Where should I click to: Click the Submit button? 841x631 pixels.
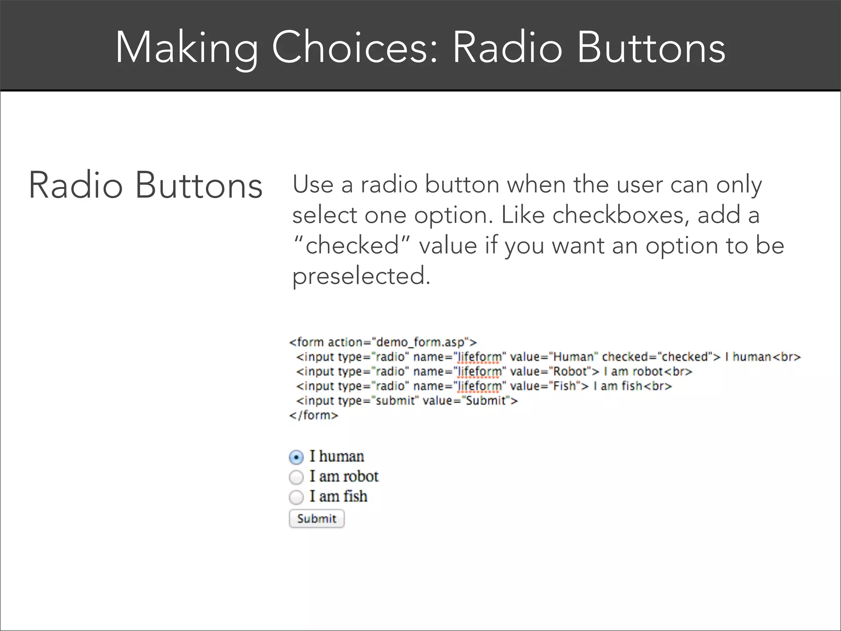[x=317, y=518]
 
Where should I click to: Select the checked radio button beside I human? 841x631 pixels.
[x=296, y=457]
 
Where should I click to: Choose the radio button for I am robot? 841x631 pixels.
[x=296, y=477]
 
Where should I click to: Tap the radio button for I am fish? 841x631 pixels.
[x=296, y=497]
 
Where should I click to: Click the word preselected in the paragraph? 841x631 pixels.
[x=361, y=276]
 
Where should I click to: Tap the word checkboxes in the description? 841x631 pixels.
[x=620, y=215]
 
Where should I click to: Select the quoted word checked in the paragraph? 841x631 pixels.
[x=352, y=246]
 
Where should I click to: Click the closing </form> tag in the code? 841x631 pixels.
[x=314, y=415]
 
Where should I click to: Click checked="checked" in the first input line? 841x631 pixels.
[x=656, y=357]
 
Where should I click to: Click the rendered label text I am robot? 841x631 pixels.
[x=344, y=477]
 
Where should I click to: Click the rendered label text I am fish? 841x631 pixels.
[x=338, y=496]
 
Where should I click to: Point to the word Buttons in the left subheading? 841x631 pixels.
[x=199, y=186]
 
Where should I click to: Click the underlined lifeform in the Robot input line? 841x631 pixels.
[x=480, y=371]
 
